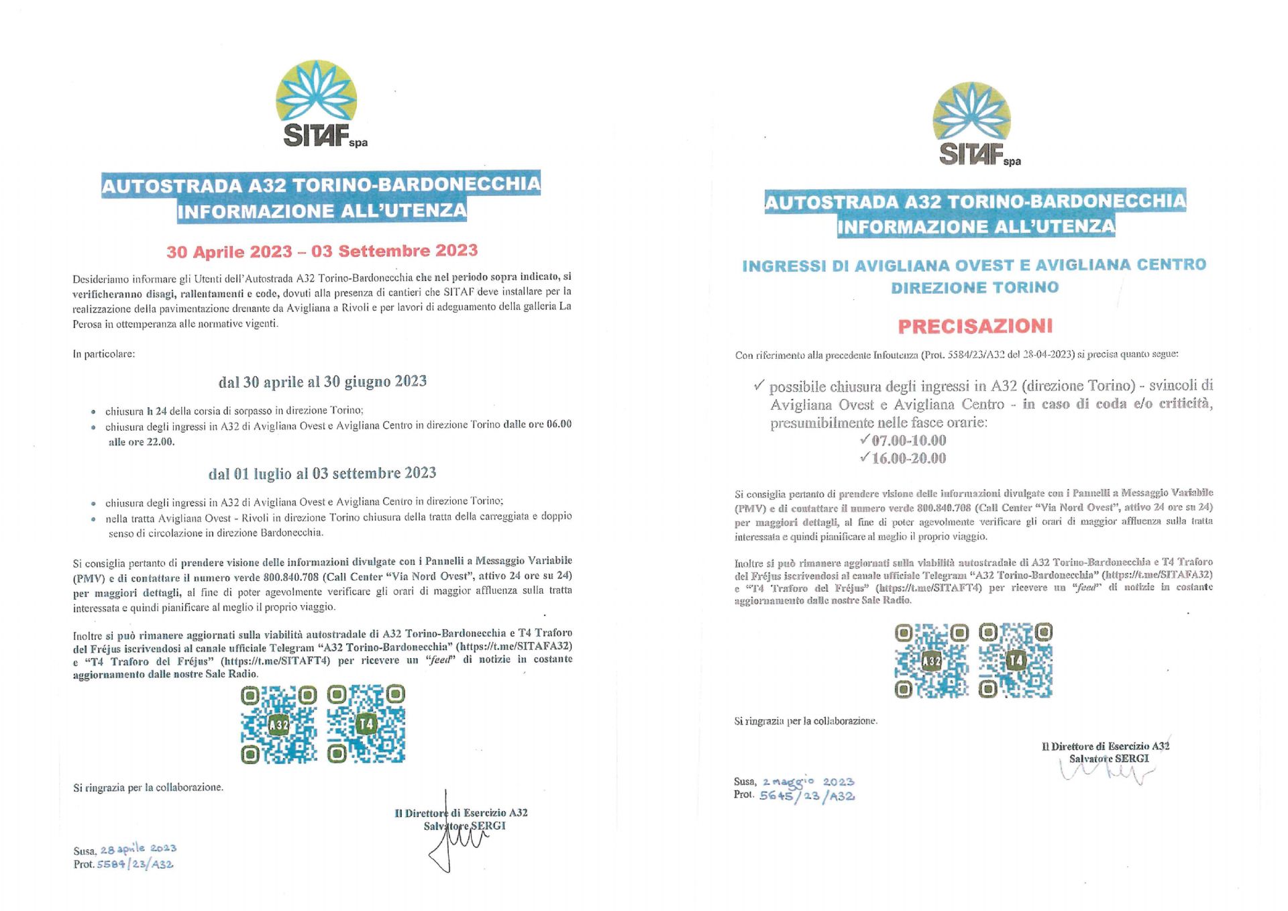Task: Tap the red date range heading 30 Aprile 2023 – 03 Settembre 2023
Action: click(x=322, y=252)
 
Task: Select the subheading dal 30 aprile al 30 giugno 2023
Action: click(x=322, y=382)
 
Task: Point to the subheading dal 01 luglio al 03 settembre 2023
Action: click(x=322, y=474)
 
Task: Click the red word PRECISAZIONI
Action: click(x=975, y=327)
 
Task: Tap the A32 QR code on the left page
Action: click(x=278, y=725)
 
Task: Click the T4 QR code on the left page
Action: click(x=366, y=725)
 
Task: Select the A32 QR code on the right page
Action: click(x=931, y=661)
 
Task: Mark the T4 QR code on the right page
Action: click(x=1016, y=661)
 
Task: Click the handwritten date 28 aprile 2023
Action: click(x=138, y=849)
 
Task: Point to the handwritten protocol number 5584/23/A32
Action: click(x=135, y=865)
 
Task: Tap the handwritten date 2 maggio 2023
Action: click(x=808, y=782)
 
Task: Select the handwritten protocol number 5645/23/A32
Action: click(x=806, y=796)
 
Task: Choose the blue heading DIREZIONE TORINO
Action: click(x=975, y=288)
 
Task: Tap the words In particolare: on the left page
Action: click(x=104, y=354)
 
